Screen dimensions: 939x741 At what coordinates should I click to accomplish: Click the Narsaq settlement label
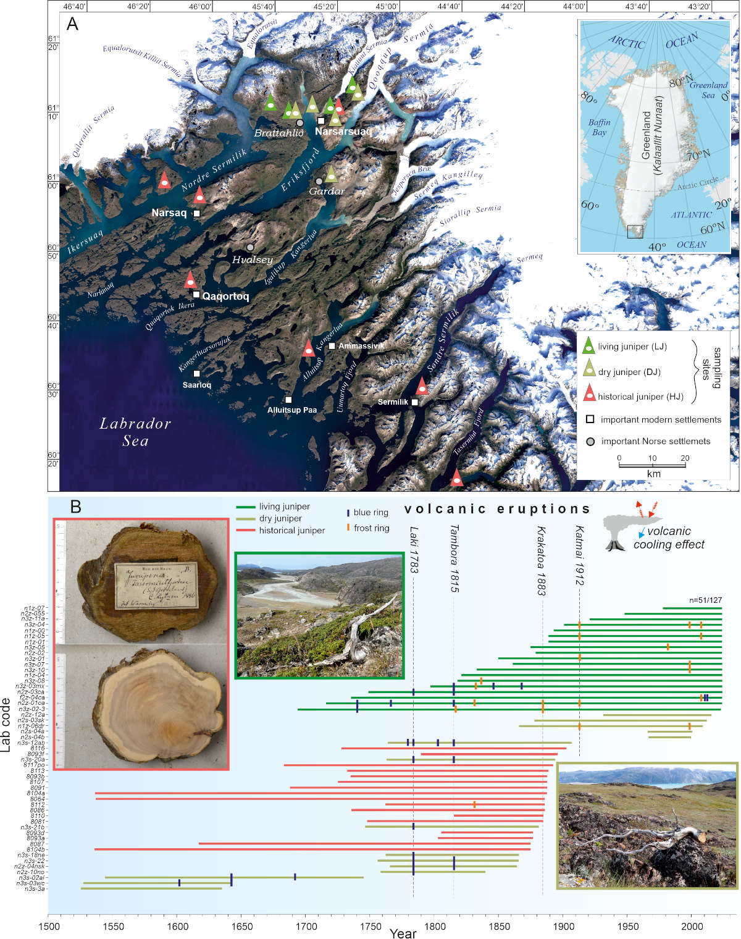169,213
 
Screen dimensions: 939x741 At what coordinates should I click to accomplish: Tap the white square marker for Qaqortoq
196,295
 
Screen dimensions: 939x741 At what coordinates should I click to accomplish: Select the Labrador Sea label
135,432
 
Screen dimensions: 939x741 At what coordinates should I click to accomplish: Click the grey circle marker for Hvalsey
250,248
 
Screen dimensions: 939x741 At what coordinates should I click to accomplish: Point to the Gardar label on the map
327,191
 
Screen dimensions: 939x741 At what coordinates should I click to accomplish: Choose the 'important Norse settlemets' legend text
655,441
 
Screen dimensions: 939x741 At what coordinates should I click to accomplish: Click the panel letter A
73,25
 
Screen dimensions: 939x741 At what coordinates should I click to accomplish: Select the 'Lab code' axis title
6,725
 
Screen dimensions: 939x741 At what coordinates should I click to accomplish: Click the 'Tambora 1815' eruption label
454,558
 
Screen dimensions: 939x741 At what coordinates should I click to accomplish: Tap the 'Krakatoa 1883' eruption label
542,560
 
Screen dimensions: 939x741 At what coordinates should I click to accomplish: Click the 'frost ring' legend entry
371,528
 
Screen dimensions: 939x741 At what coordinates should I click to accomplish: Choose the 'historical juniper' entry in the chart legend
291,530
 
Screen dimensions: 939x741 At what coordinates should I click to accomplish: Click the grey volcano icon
618,531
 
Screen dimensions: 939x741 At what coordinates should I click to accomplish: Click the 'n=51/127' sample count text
705,600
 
